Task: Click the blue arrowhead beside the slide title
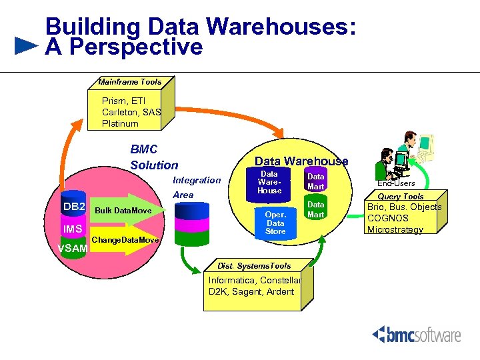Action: [x=25, y=46]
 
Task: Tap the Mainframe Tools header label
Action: [x=129, y=82]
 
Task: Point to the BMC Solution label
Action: [x=154, y=157]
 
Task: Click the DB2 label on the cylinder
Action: [x=74, y=207]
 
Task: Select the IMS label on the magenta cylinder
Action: [x=73, y=229]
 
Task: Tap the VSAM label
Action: [x=72, y=249]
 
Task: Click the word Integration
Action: [x=196, y=180]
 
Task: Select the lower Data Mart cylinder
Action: [x=315, y=209]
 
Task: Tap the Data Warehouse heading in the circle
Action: [x=301, y=161]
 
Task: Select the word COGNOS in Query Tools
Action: [x=388, y=218]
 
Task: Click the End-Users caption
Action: [x=396, y=183]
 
